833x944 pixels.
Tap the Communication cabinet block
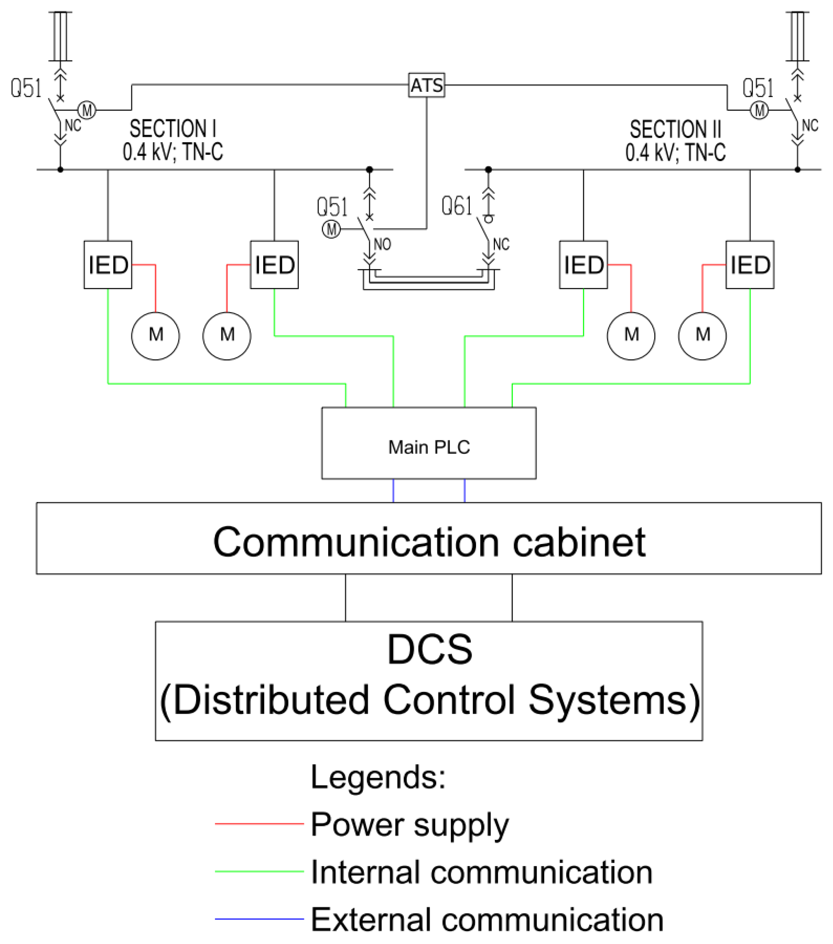click(428, 538)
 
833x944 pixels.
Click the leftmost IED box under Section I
click(108, 264)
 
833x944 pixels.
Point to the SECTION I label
click(172, 128)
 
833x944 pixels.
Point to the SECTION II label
click(675, 129)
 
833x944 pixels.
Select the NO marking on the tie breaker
click(382, 244)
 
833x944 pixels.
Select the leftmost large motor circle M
click(156, 336)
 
